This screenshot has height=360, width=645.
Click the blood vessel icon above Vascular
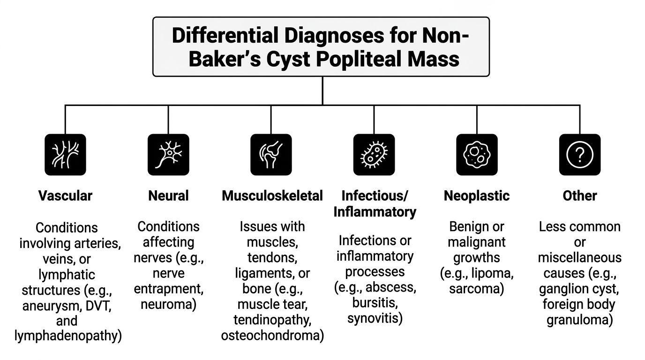65,155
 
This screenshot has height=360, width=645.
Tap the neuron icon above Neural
168,155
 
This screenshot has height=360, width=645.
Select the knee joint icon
271,155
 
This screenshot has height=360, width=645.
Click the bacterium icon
374,155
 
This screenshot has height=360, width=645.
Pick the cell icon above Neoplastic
477,155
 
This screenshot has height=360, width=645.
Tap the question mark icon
580,155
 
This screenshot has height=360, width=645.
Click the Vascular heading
65,196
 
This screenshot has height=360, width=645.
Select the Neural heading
168,196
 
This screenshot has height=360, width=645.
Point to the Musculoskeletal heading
272,196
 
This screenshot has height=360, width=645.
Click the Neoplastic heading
477,196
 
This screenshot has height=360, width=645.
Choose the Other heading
580,196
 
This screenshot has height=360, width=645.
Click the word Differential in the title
225,35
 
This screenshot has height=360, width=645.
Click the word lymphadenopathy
68,336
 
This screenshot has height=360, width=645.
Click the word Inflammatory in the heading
375,212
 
